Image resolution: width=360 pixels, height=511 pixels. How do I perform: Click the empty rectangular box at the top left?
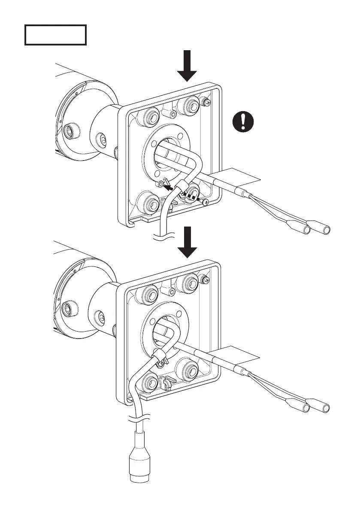(55, 35)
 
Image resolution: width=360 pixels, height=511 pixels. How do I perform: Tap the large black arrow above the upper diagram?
(187, 66)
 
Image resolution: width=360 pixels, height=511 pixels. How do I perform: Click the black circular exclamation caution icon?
(243, 122)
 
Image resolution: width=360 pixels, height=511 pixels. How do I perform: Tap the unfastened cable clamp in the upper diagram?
(181, 187)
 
